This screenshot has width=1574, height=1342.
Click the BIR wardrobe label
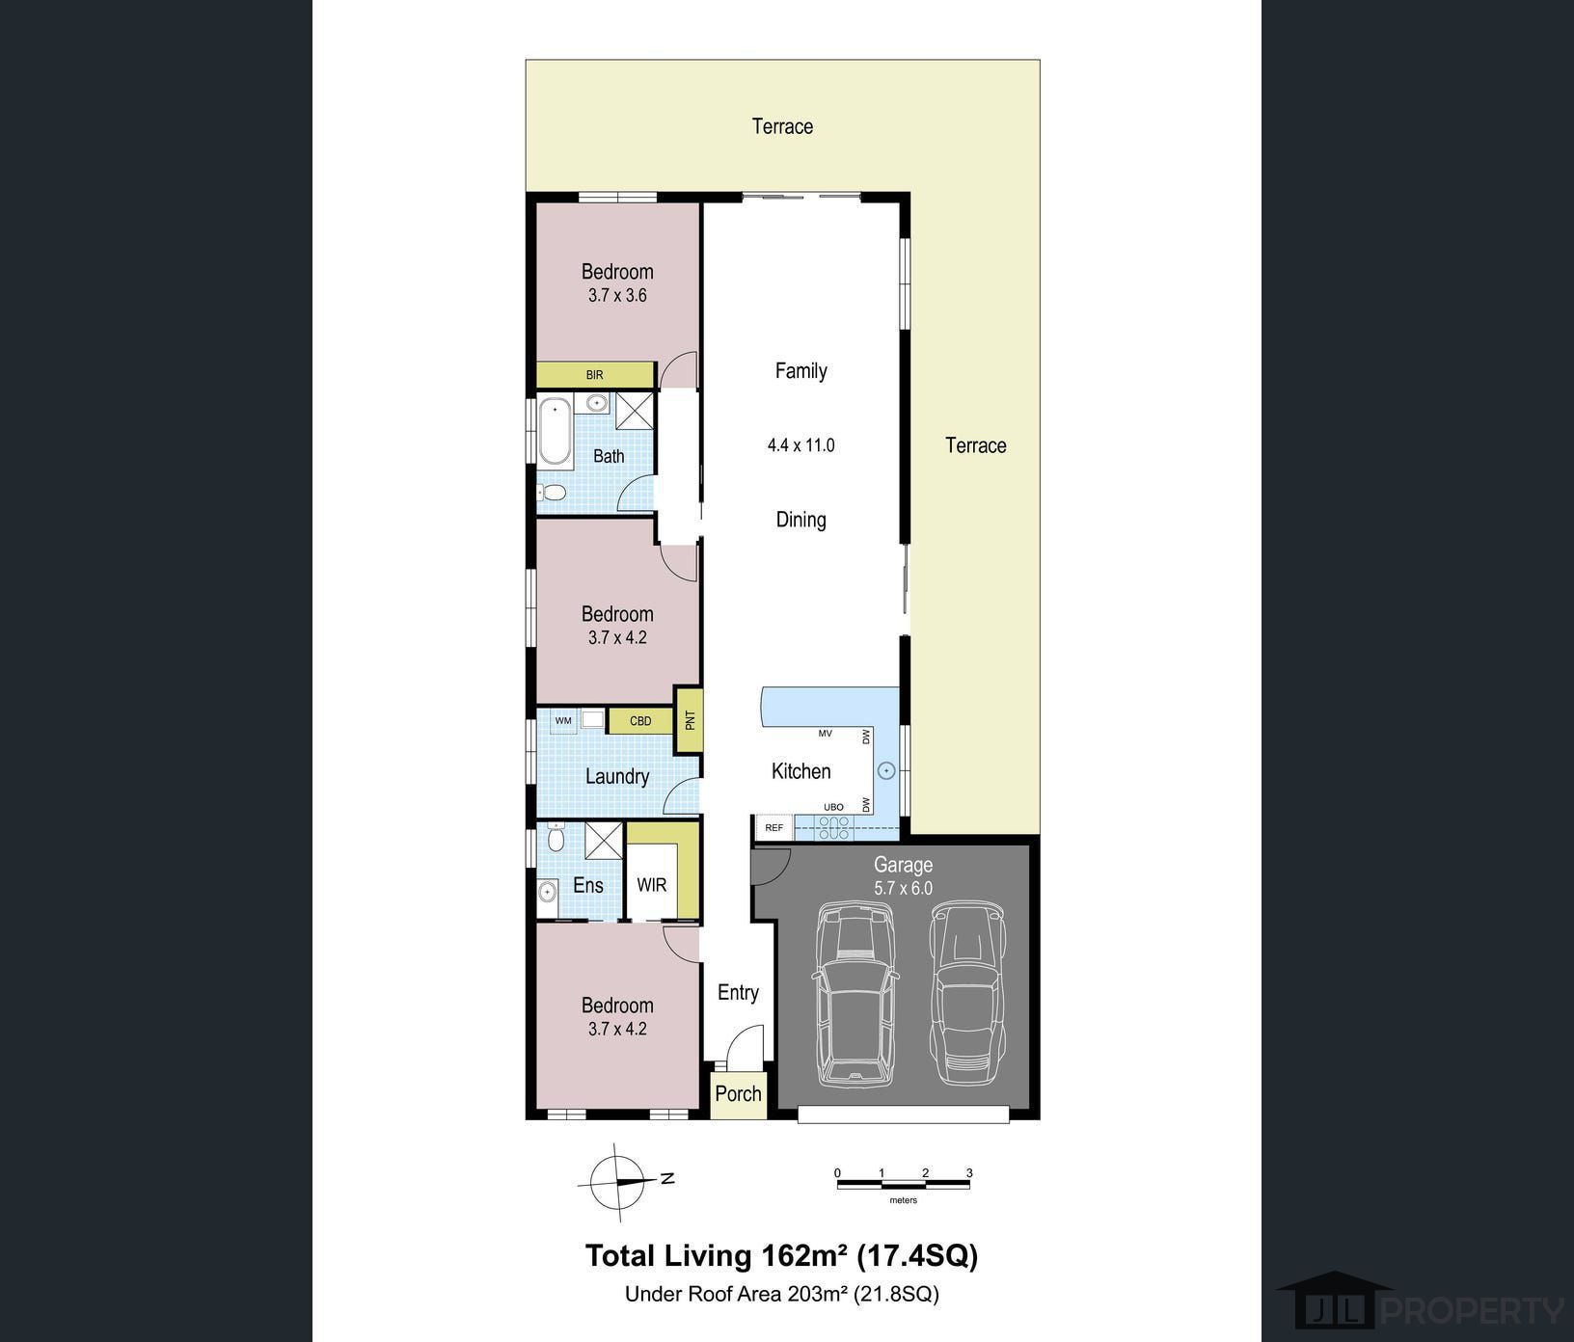[x=594, y=374]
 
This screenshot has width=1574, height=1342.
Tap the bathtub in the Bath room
[x=555, y=431]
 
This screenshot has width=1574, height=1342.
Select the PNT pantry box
[x=690, y=720]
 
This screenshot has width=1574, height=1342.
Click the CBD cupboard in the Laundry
[x=639, y=720]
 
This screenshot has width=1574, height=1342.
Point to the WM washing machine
[x=563, y=720]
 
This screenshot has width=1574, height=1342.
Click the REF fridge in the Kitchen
[x=773, y=827]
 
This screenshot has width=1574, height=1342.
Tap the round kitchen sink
[x=886, y=770]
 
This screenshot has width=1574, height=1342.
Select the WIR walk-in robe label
[x=652, y=885]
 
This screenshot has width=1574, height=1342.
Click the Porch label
[x=738, y=1093]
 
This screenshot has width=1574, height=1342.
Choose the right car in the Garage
[x=967, y=993]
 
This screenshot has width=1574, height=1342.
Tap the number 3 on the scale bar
[x=969, y=1173]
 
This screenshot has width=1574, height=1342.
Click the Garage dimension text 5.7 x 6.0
[x=903, y=889]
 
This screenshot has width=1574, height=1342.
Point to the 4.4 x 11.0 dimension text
[x=801, y=445]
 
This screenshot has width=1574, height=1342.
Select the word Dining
[x=801, y=520]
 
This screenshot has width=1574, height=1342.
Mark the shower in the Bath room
[x=635, y=411]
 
